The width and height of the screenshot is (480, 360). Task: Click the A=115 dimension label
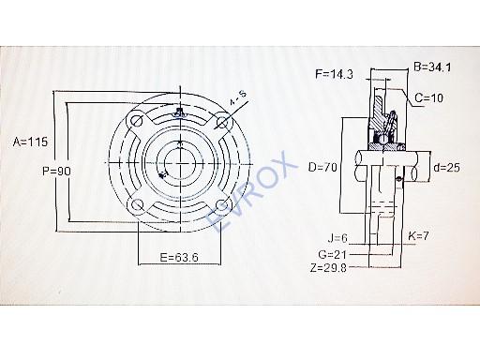30,142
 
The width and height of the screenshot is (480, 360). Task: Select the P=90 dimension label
56,171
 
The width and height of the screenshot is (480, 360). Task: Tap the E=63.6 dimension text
179,257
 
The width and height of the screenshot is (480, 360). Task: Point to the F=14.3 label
334,74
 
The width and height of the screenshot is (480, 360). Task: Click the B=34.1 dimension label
433,67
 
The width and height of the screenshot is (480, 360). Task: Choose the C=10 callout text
429,97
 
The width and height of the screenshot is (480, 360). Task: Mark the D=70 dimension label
322,167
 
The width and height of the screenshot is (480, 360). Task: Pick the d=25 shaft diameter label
447,168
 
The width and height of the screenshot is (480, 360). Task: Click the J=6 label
337,238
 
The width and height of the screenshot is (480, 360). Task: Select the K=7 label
418,236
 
